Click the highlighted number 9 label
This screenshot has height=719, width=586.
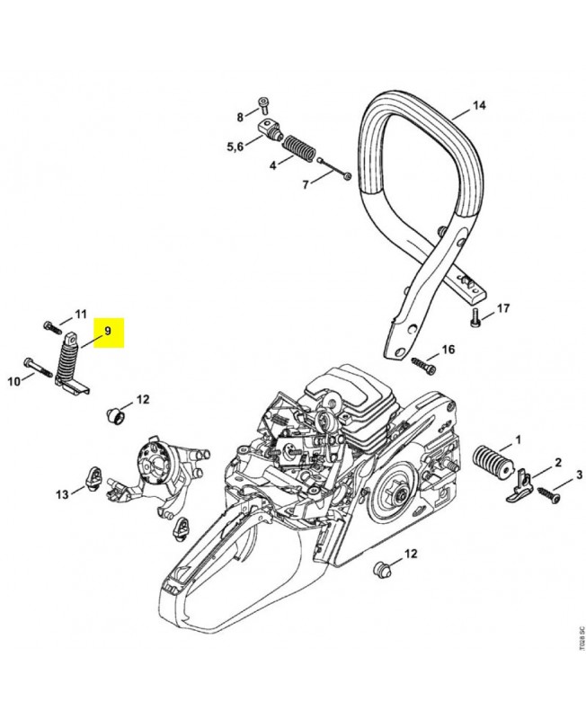click(x=107, y=331)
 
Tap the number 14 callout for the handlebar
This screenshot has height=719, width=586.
click(x=478, y=106)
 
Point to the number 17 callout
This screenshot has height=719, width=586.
click(x=502, y=308)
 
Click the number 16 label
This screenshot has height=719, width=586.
click(x=448, y=349)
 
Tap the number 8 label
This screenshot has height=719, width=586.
click(x=240, y=118)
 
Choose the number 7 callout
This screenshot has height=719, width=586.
click(x=305, y=184)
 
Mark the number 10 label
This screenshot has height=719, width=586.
click(x=14, y=382)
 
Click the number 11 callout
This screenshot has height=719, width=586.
click(x=80, y=315)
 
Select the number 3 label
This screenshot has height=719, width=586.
click(x=579, y=475)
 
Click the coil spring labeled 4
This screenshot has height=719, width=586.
click(x=296, y=146)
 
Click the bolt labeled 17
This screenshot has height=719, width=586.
click(x=475, y=318)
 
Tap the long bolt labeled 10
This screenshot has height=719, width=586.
click(x=40, y=368)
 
